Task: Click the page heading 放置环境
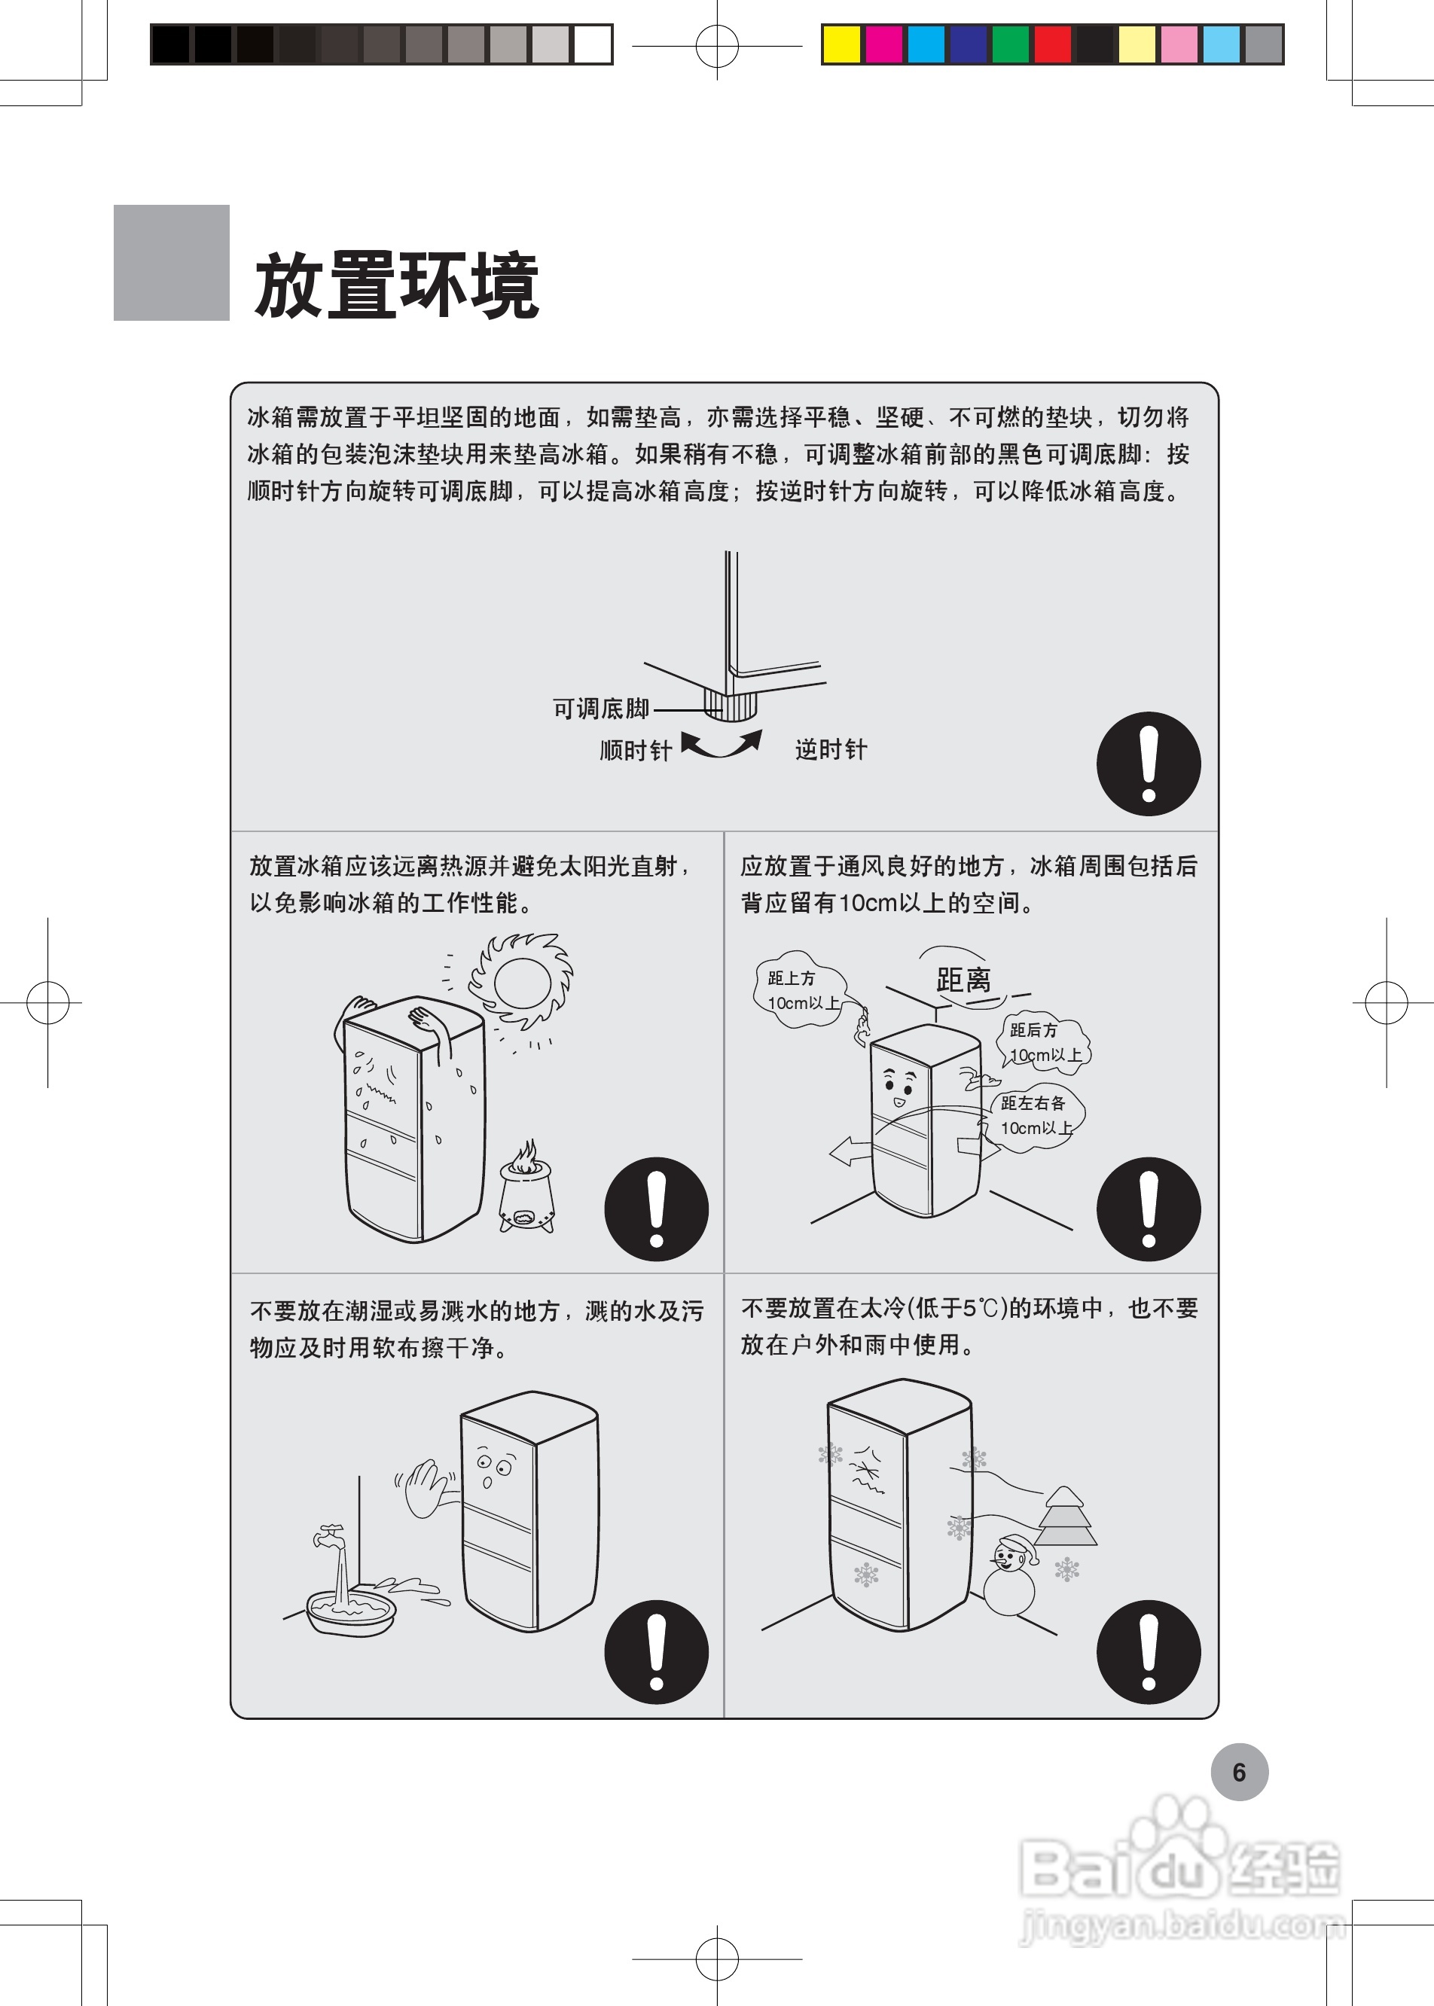(x=396, y=285)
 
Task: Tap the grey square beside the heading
(x=171, y=262)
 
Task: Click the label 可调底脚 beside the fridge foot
(x=600, y=708)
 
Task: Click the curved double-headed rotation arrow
(x=722, y=744)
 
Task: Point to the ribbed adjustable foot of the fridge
(x=731, y=705)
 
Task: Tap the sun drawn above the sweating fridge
(x=522, y=980)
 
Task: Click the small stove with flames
(x=526, y=1187)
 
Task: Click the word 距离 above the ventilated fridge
(x=963, y=979)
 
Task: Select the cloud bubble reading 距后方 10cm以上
(x=1045, y=1043)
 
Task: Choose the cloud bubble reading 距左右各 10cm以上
(x=1035, y=1115)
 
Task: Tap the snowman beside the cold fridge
(x=1009, y=1577)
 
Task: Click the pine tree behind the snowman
(x=1065, y=1517)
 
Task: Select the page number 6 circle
(x=1239, y=1772)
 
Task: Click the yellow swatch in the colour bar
(x=841, y=44)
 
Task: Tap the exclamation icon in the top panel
(x=1148, y=764)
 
